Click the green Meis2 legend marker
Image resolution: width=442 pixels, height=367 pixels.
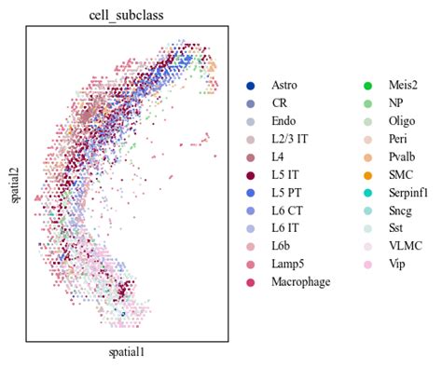click(x=368, y=86)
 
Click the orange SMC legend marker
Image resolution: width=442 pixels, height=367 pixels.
click(x=368, y=174)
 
